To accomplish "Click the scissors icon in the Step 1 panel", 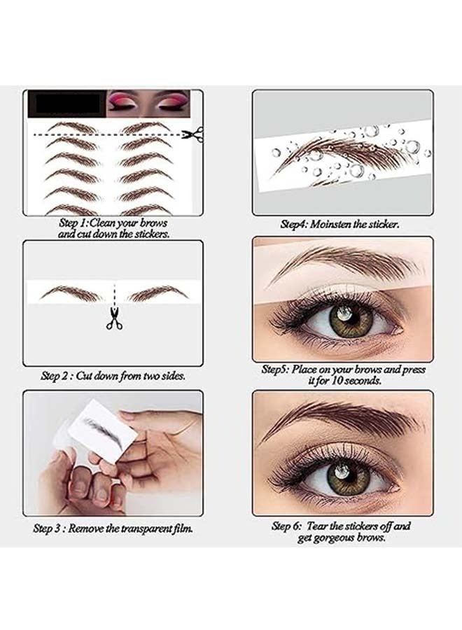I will [x=192, y=134].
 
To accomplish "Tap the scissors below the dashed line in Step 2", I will [x=114, y=318].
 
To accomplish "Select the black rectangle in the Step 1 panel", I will [x=66, y=105].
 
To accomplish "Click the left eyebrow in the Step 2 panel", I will [x=71, y=293].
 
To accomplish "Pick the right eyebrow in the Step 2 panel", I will [x=158, y=293].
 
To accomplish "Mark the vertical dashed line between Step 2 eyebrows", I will [x=114, y=294].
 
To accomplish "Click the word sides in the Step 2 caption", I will [x=171, y=376].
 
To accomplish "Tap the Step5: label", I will [x=276, y=370].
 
